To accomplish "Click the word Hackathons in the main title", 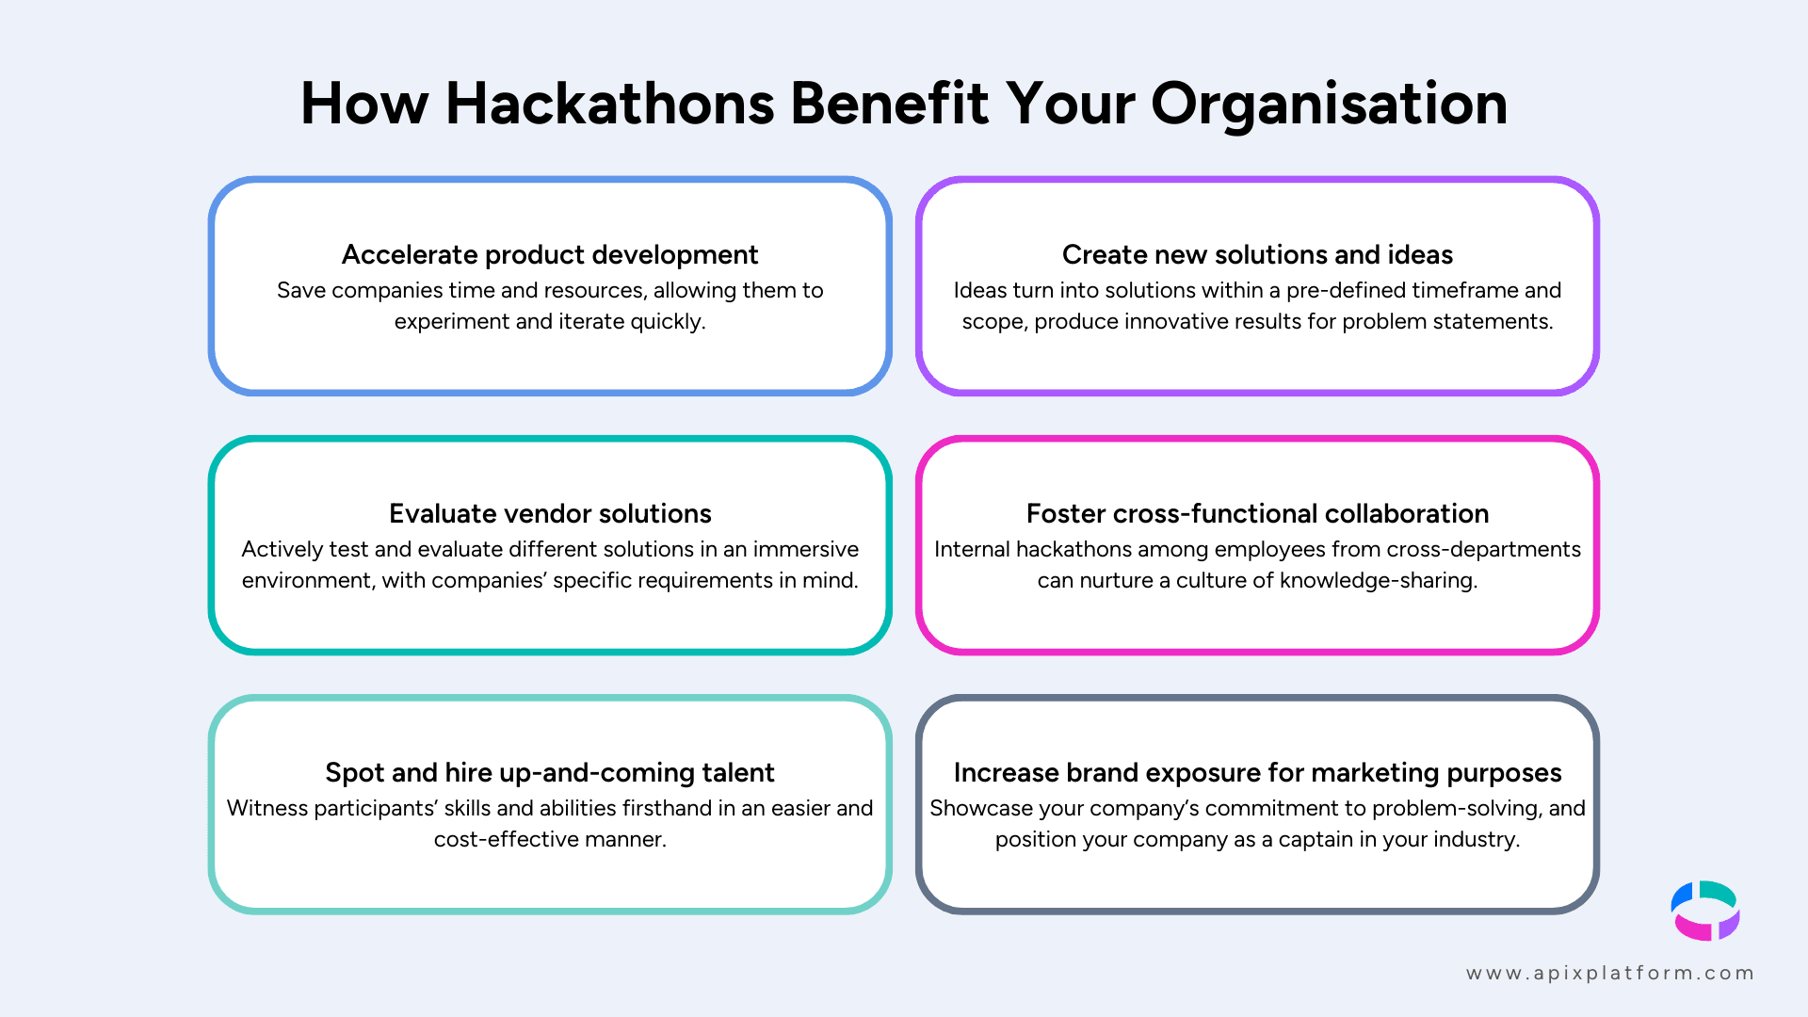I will [609, 104].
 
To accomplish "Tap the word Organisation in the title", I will [1329, 104].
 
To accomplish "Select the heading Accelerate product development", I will [550, 254].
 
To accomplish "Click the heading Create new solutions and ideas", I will [1257, 254].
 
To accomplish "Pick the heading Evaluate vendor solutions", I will [550, 513].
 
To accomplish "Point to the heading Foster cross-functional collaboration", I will [1257, 513].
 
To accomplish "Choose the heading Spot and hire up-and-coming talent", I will [550, 772].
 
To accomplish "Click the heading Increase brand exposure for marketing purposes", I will [1257, 772].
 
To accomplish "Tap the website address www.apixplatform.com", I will [1610, 973].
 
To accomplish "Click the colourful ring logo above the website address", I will [1705, 911].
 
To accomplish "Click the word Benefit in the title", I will [889, 104].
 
